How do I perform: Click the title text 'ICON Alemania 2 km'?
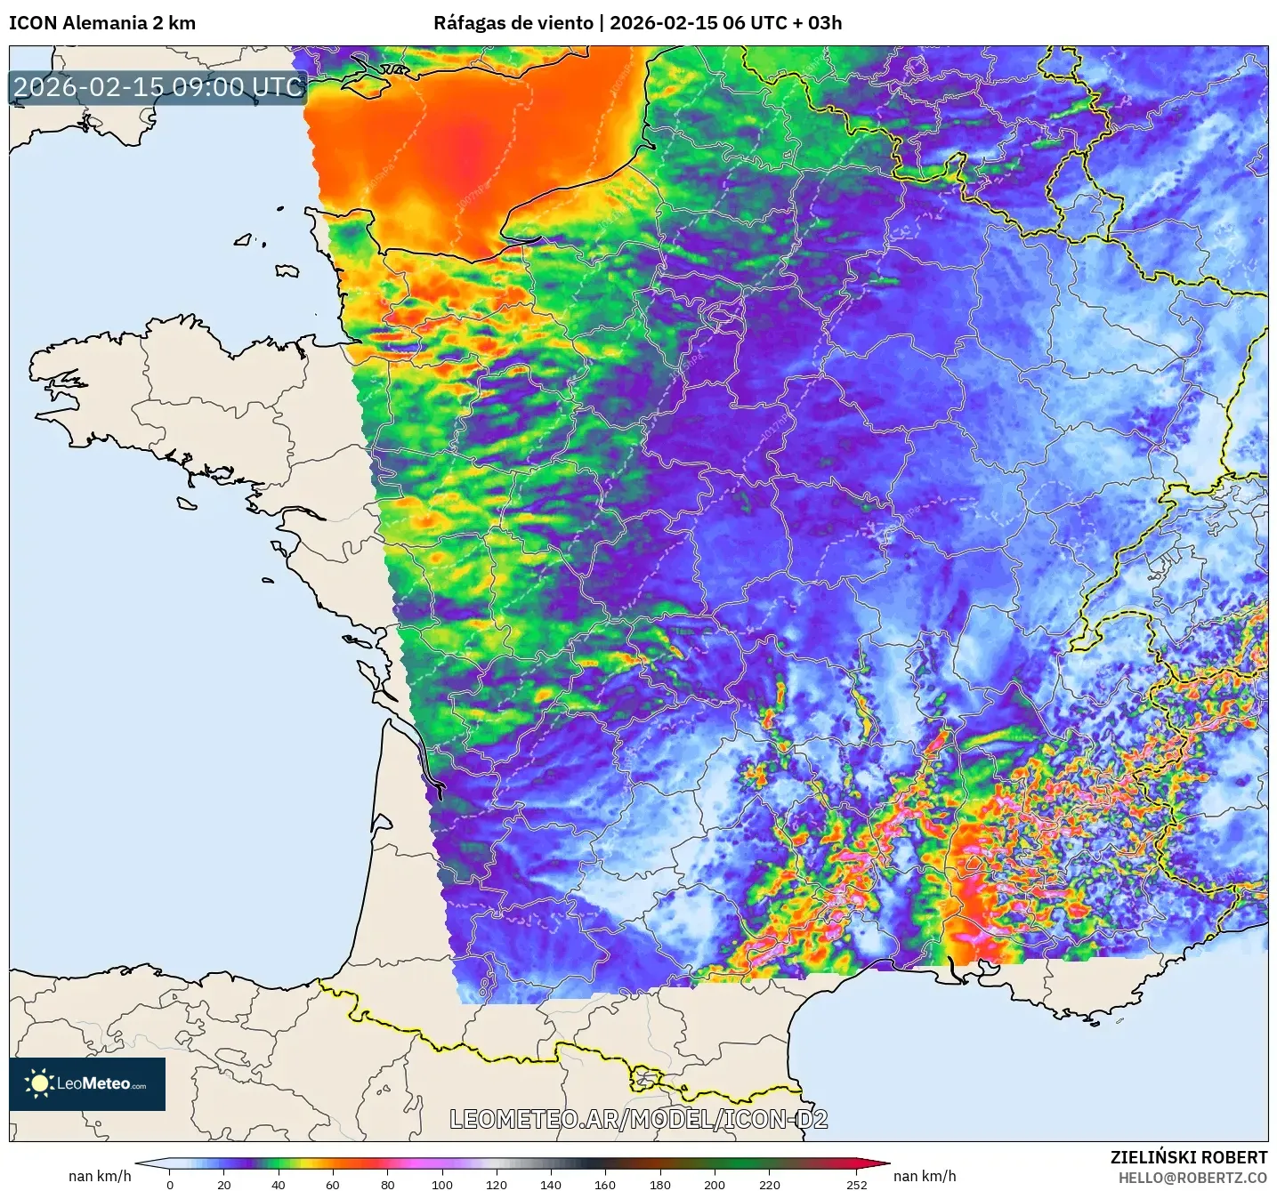102,23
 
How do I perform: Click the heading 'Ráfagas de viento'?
513,23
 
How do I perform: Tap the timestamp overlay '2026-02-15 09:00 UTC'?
158,87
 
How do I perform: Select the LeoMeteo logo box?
87,1083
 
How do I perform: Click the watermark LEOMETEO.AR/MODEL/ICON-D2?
638,1119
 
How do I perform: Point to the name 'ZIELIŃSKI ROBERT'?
1188,1157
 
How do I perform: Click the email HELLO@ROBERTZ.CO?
1192,1178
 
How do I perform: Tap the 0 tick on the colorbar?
170,1184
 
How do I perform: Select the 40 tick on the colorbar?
279,1184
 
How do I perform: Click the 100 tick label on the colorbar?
442,1184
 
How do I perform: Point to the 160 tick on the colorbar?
605,1184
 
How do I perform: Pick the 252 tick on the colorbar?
856,1184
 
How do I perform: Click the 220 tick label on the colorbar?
769,1184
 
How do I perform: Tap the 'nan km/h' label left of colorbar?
100,1176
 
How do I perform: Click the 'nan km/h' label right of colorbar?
925,1176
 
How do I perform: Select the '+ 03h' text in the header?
816,23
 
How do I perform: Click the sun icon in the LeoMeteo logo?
39,1083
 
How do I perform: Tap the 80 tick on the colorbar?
388,1184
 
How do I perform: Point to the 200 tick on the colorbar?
715,1184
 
